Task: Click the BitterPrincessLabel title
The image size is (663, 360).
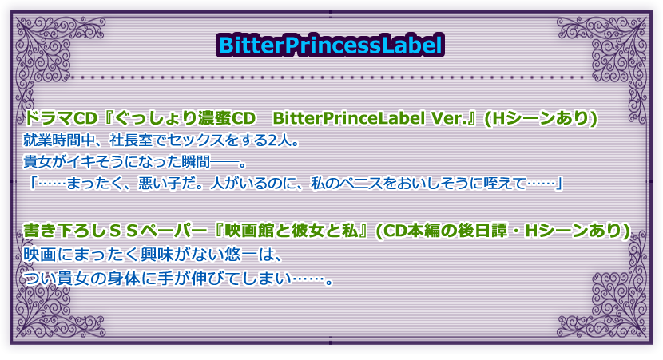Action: [x=330, y=45]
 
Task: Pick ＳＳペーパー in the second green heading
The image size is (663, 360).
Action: [x=160, y=231]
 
